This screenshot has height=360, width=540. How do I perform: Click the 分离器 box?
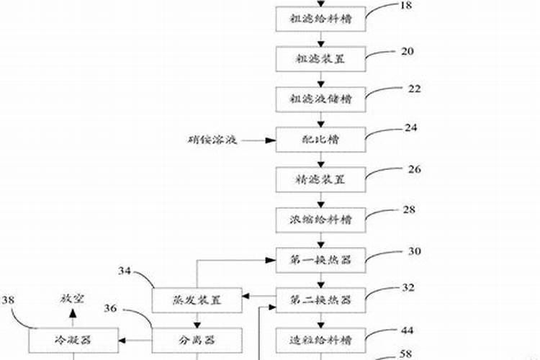(x=196, y=338)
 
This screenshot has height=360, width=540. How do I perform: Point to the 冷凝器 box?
(x=73, y=338)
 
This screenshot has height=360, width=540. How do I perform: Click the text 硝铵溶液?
(x=211, y=138)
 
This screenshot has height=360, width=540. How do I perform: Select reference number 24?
(x=411, y=127)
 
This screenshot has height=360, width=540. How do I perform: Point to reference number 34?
(x=125, y=271)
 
